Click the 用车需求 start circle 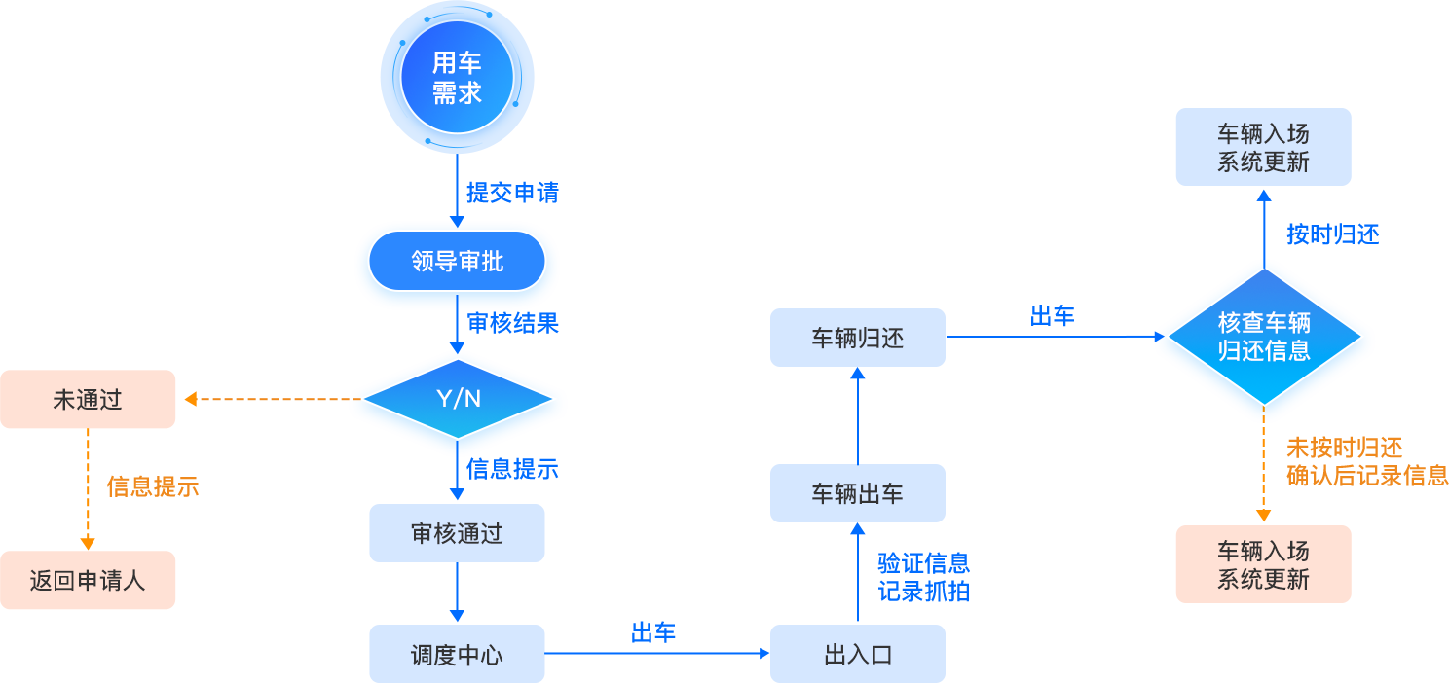[457, 79]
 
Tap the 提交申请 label [512, 192]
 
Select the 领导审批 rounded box [457, 261]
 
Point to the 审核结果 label [512, 323]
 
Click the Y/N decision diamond [458, 399]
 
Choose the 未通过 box [88, 399]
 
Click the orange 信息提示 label [153, 486]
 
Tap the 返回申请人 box [88, 580]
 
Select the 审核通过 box [457, 532]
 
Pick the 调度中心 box [457, 654]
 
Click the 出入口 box [857, 654]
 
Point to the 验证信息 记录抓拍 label [923, 577]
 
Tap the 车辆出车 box [857, 493]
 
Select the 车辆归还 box [857, 338]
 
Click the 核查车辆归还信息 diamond [1264, 337]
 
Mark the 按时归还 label [1332, 234]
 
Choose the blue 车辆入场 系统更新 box [1263, 147]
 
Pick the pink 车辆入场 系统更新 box [1263, 564]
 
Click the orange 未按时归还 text [1345, 448]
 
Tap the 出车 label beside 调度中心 [653, 632]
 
